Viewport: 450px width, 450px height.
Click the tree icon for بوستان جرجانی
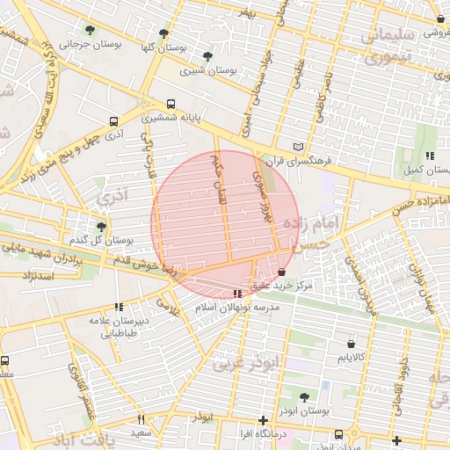click(x=90, y=31)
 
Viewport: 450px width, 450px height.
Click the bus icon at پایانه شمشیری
click(x=171, y=104)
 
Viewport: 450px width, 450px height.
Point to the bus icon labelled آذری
click(x=113, y=121)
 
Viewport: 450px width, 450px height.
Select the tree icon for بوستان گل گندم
click(x=102, y=226)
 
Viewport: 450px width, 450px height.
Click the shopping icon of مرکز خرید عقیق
click(x=281, y=273)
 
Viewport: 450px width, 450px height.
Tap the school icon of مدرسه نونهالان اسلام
click(x=237, y=294)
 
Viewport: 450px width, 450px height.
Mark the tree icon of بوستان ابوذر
click(x=304, y=397)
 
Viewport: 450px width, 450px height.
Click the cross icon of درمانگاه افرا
click(x=263, y=420)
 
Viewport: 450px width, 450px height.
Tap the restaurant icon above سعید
click(x=142, y=419)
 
